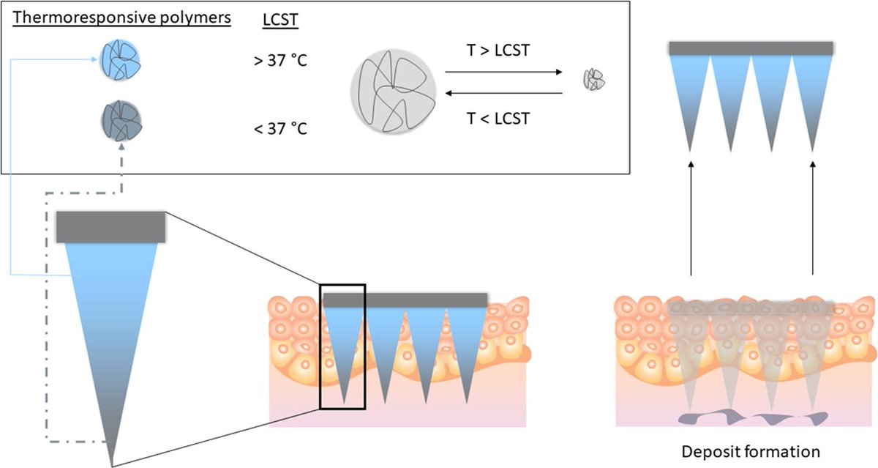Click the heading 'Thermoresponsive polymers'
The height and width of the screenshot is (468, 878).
(121, 18)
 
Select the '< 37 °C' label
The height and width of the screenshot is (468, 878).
(279, 129)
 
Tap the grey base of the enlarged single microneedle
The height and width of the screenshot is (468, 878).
(110, 226)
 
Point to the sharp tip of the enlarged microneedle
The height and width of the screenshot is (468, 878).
(112, 463)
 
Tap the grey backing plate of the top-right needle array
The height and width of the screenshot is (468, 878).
(751, 48)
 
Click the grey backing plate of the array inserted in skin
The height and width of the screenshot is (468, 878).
(405, 300)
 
